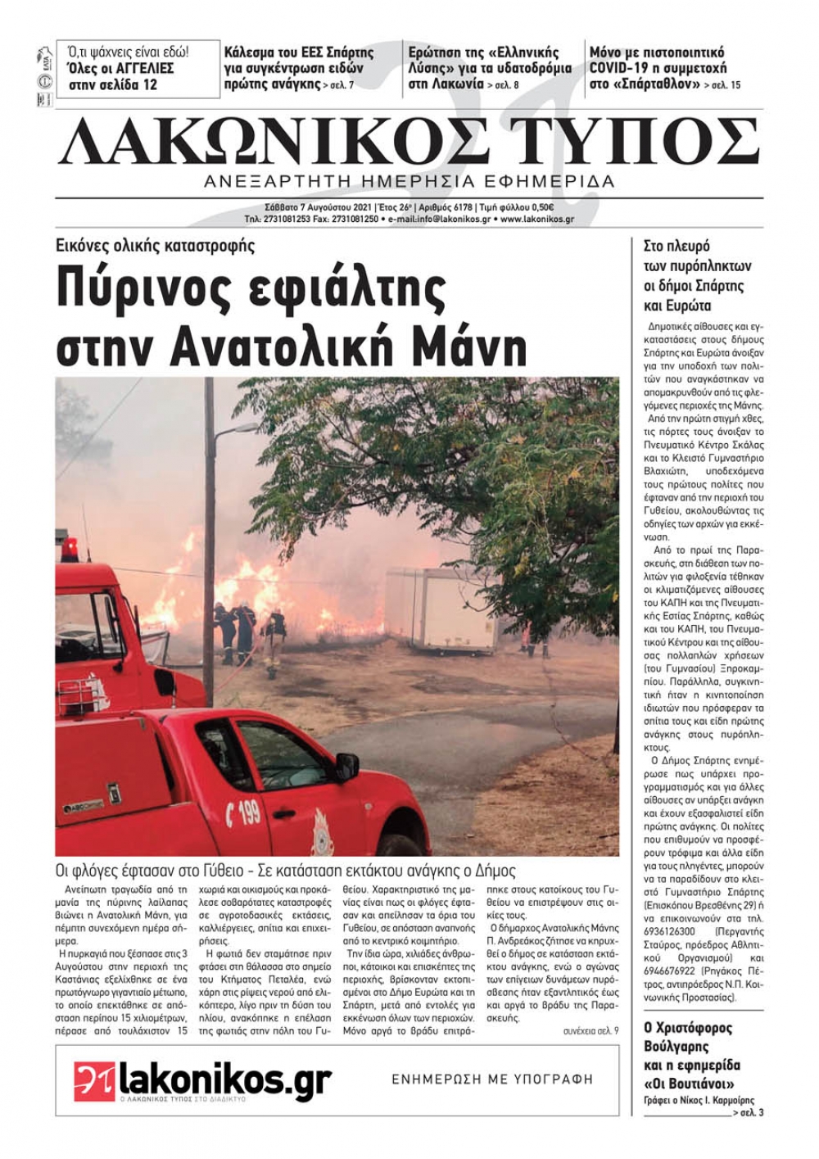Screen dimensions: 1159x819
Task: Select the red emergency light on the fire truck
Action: tap(70, 548)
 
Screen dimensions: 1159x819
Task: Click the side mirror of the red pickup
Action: tap(346, 767)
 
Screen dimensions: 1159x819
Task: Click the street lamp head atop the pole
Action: tap(222, 428)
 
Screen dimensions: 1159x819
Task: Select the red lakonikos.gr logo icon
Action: tap(94, 1080)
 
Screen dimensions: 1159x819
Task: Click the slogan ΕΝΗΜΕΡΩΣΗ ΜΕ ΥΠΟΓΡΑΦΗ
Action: tap(492, 1079)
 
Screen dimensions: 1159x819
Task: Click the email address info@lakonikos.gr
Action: tap(442, 220)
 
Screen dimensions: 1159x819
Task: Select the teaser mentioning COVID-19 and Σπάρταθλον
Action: tap(665, 68)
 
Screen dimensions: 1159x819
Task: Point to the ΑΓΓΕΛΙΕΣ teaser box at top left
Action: tap(138, 69)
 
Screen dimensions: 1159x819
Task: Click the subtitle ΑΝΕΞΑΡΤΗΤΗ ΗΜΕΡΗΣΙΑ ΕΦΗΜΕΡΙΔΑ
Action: tap(409, 181)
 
